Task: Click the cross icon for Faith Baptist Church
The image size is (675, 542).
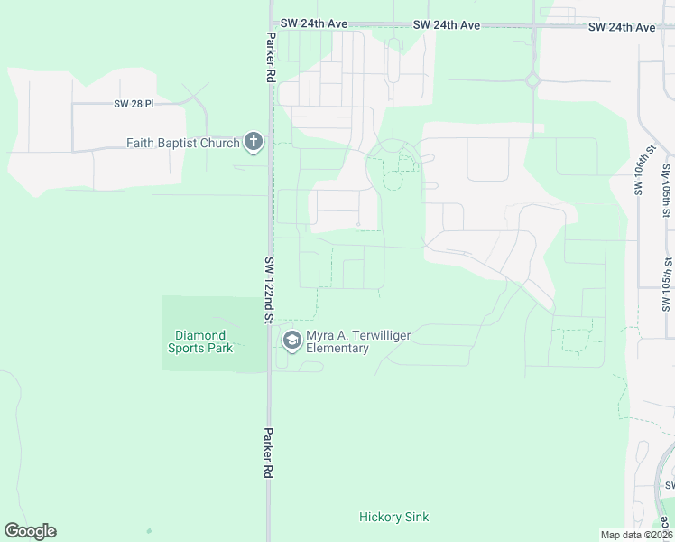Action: (254, 143)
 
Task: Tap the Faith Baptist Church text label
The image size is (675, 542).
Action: (182, 143)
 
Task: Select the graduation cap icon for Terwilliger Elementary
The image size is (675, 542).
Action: (291, 341)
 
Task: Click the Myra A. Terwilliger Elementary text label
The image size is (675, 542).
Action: (358, 341)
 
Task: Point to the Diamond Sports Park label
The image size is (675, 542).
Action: (201, 341)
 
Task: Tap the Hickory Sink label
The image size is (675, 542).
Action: (393, 517)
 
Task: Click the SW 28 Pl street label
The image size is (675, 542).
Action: (134, 104)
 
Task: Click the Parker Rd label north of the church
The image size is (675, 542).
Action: (269, 59)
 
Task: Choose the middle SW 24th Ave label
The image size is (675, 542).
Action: (447, 25)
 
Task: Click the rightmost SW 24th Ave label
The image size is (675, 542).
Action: (621, 27)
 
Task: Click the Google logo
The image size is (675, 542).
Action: (30, 531)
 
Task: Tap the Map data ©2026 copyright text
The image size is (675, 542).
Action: (636, 534)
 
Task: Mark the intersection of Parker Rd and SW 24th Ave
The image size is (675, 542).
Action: (270, 24)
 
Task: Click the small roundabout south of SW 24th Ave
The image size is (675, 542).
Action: (532, 79)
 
